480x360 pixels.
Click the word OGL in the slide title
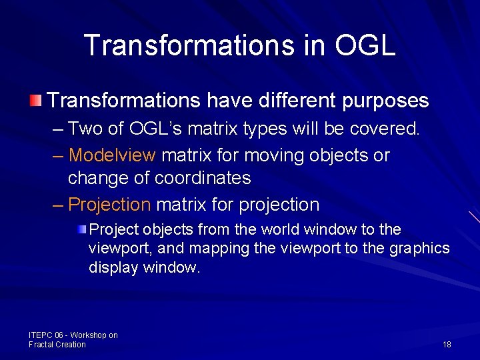click(365, 45)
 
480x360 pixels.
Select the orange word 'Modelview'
click(112, 155)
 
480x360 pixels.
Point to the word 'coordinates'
click(203, 178)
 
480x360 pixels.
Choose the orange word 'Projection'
click(110, 204)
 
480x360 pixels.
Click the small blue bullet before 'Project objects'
click(81, 230)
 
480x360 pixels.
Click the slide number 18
click(447, 344)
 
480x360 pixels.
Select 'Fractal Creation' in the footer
click(57, 344)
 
